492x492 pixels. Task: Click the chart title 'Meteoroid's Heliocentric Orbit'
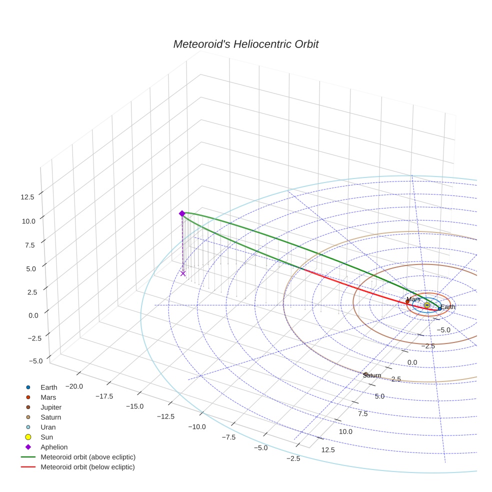[245, 44]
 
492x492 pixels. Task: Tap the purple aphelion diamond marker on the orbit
[182, 213]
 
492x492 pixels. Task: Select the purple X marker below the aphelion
[183, 273]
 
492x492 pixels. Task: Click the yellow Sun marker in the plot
[426, 305]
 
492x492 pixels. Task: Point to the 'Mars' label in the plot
[413, 299]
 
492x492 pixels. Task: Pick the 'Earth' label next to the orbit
[447, 307]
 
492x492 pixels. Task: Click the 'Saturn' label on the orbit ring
[372, 375]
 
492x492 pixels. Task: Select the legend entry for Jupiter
[51, 407]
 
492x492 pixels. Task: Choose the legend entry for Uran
[48, 427]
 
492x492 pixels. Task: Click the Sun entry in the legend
[46, 437]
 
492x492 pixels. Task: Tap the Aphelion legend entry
[54, 447]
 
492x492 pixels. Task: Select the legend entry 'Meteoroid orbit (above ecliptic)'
[88, 457]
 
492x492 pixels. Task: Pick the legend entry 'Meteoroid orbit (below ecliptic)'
[87, 467]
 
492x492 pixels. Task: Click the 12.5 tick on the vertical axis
[27, 197]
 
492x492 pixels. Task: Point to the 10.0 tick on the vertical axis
[27, 221]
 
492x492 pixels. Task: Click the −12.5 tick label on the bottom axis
[165, 416]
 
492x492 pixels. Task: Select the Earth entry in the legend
[49, 387]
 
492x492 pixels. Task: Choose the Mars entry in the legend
[48, 397]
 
